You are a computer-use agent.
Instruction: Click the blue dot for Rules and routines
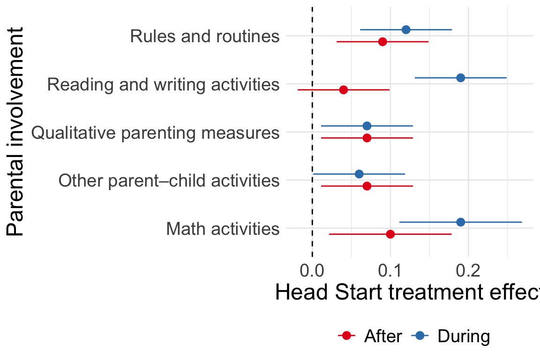click(406, 30)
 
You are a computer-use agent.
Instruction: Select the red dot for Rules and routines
click(382, 42)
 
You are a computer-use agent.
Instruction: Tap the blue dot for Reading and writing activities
click(460, 78)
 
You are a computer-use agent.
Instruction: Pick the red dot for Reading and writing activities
click(343, 90)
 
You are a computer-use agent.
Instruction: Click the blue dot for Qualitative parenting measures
click(367, 126)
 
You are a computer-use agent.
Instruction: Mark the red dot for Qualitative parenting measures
click(367, 138)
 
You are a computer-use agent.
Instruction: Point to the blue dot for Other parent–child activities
click(359, 174)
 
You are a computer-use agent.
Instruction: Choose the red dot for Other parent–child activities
click(367, 186)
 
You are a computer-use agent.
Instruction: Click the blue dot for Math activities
click(460, 222)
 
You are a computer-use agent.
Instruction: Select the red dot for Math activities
click(390, 234)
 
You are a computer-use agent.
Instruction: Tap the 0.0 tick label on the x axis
click(312, 271)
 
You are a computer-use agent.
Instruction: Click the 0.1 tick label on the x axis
click(390, 271)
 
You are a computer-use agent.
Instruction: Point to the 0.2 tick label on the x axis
click(468, 271)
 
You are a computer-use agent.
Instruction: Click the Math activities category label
click(223, 229)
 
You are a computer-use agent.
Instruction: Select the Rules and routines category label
click(205, 36)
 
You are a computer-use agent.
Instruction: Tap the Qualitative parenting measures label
click(155, 133)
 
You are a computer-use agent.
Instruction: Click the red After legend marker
click(346, 336)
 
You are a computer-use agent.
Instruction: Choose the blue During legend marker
click(420, 336)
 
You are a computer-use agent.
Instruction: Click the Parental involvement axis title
click(15, 132)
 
